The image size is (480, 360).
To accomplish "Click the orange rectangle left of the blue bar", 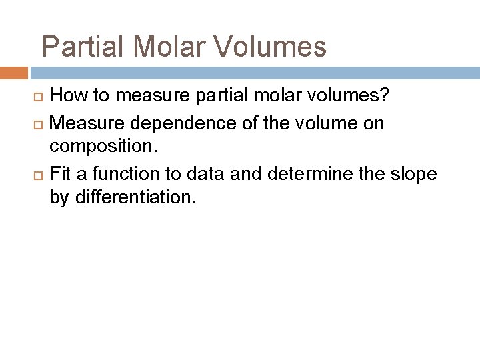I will (13, 72).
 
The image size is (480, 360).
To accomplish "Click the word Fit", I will (61, 173).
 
